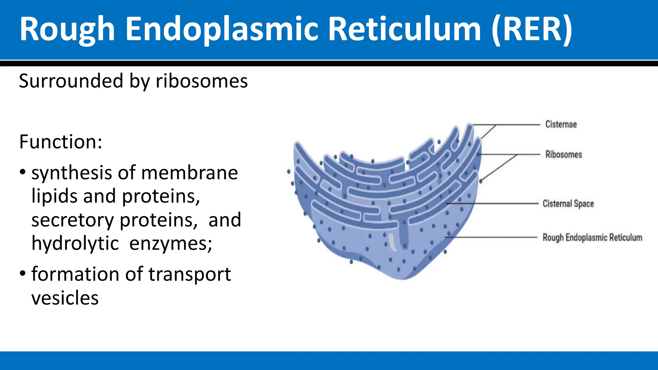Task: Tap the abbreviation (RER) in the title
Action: point(532,30)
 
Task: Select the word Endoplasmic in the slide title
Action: point(222,30)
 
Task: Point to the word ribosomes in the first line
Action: point(202,81)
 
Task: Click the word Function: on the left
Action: point(61,142)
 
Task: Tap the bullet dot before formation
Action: point(22,274)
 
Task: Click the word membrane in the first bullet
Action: point(189,173)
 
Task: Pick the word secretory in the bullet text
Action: point(73,220)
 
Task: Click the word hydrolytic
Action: point(75,243)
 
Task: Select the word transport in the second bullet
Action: point(190,275)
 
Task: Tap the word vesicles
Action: point(65,298)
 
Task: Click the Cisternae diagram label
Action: point(561,124)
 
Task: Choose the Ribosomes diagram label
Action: point(564,154)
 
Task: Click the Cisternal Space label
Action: point(568,204)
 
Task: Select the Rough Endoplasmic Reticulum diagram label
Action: point(592,238)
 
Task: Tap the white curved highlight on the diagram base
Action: point(392,242)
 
